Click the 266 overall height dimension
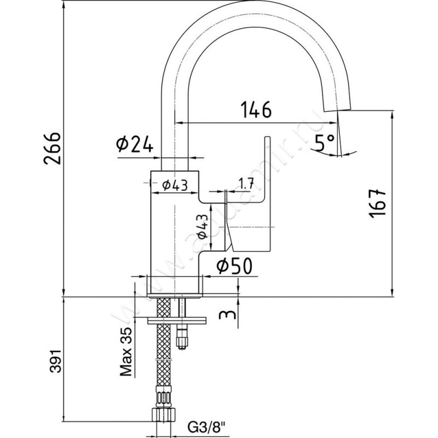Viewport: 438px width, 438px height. click(x=53, y=149)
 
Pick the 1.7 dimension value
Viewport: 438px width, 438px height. click(x=246, y=184)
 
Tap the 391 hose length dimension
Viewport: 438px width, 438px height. click(x=53, y=362)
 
